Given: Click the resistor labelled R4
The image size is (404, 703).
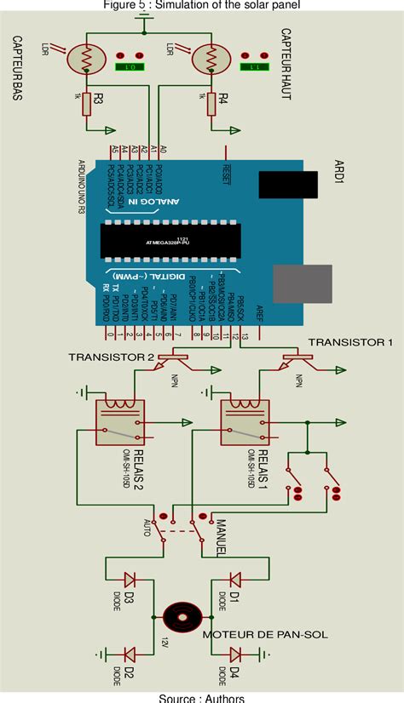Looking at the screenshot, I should tap(211, 104).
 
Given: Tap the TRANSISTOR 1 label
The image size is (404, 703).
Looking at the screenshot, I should tap(350, 341).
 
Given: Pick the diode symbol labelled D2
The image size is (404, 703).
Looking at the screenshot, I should tap(130, 654).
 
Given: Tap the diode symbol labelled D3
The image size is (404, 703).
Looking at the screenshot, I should tap(130, 580).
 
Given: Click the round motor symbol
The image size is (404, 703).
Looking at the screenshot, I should tap(180, 615).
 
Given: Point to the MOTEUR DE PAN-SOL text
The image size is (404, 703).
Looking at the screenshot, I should tap(265, 635).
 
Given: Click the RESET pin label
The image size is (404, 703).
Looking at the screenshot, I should tap(227, 170).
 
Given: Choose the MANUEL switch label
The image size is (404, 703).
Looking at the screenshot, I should tap(219, 538).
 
